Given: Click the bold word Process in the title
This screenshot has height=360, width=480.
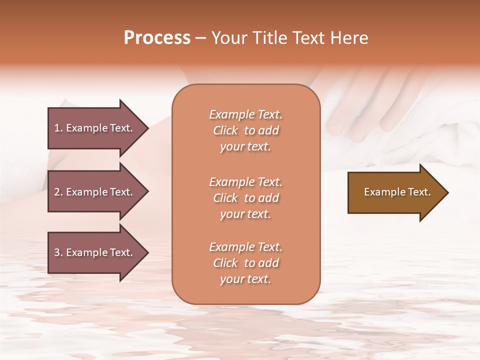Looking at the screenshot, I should (x=157, y=38).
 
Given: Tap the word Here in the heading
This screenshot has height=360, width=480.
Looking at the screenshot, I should (x=349, y=38).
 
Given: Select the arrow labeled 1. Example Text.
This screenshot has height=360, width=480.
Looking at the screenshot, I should (x=95, y=128).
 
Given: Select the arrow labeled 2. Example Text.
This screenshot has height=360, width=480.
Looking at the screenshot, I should (x=95, y=192).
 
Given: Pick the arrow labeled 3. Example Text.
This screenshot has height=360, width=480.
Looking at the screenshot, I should (x=95, y=252).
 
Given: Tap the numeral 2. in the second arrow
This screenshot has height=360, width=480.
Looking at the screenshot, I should (x=58, y=192).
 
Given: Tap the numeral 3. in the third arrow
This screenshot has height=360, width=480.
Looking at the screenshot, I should (x=58, y=252).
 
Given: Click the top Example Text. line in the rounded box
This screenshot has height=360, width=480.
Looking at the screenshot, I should (x=245, y=114).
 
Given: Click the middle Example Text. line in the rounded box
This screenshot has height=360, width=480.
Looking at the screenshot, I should (x=245, y=182).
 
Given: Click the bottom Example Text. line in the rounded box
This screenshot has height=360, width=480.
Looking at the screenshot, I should (x=245, y=247).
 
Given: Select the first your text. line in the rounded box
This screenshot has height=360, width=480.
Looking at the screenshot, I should (x=245, y=147).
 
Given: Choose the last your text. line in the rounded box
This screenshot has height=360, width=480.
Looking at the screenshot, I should (x=245, y=279).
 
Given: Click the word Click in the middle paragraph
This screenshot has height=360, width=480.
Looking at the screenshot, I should (x=225, y=198).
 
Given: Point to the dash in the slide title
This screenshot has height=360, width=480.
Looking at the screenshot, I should (x=200, y=38).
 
